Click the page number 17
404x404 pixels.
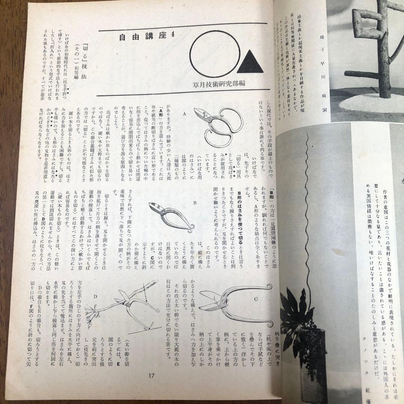click(151, 376)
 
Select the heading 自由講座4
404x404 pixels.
click(142, 37)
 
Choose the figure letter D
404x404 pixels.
click(95, 297)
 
